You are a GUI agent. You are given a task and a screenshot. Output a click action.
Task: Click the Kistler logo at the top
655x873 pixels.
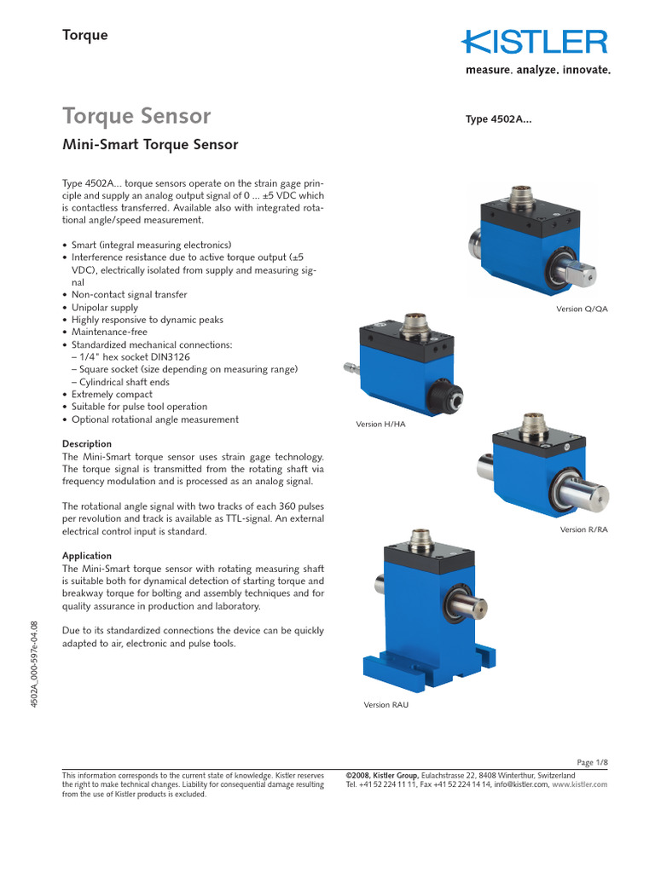tap(536, 43)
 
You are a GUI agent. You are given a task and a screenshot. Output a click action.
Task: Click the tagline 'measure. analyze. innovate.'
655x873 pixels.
tap(537, 71)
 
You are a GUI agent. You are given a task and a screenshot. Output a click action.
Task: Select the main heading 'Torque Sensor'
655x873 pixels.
tap(137, 115)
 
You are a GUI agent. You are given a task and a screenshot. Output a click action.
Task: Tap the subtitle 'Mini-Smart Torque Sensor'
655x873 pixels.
tap(150, 145)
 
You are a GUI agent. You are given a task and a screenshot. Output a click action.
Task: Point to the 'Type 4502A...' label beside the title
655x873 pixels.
tap(498, 120)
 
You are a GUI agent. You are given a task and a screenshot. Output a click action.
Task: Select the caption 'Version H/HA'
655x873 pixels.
tap(380, 424)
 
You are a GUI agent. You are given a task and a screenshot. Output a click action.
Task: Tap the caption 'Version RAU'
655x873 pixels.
tap(385, 704)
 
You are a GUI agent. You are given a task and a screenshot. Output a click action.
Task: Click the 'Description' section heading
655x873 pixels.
tap(87, 444)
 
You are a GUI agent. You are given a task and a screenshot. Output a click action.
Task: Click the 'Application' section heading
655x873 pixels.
tap(87, 556)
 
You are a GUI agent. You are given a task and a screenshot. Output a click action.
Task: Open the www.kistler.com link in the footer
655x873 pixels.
tap(580, 784)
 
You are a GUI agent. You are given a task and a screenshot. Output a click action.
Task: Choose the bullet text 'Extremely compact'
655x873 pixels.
tap(112, 395)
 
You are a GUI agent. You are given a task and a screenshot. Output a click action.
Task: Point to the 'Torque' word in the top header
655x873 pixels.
tap(85, 35)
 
